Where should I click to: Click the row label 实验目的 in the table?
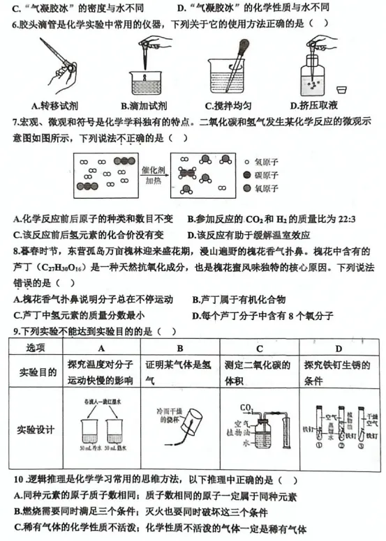pos(37,372)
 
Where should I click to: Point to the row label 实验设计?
pos(37,429)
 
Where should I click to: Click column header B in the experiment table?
pos(179,348)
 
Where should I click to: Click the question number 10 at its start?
pos(19,480)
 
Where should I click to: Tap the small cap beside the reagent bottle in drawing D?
pos(342,90)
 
